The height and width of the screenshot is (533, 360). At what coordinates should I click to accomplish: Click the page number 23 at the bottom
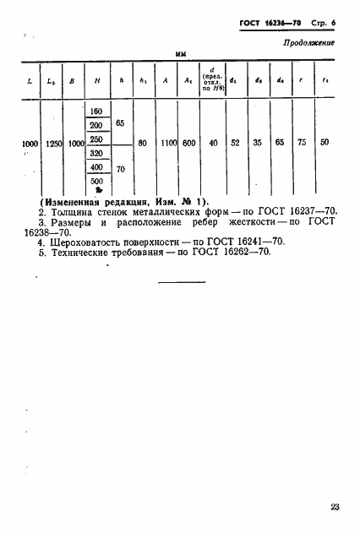335,508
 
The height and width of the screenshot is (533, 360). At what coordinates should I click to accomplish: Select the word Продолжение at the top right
309,41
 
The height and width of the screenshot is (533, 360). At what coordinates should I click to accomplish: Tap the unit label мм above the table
180,54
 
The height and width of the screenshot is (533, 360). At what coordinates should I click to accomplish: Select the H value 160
96,112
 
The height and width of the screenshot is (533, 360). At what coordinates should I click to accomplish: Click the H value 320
96,154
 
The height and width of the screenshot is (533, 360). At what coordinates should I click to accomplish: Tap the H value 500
96,181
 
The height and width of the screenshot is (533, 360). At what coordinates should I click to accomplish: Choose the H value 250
96,139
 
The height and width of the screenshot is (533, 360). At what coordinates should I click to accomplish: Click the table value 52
234,144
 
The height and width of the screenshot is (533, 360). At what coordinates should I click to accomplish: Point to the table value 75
303,144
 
